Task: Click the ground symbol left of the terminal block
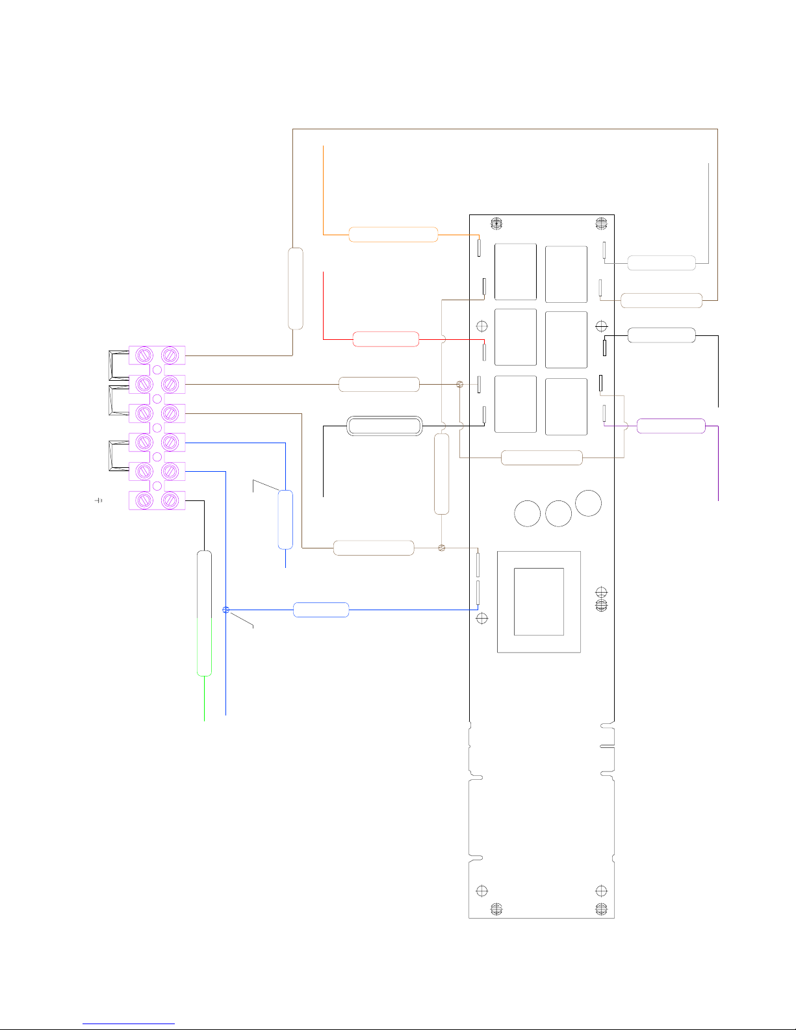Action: point(99,500)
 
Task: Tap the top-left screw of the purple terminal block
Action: point(144,355)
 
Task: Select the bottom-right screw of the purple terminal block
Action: point(170,500)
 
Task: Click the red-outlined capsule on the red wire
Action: point(385,339)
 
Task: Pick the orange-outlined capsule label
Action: point(393,235)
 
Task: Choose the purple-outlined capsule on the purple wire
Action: point(671,426)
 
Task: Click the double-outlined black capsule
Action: point(385,426)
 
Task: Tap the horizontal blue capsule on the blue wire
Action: point(321,610)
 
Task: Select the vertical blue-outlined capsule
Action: point(285,520)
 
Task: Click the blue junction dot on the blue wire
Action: point(225,610)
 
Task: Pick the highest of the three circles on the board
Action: point(588,502)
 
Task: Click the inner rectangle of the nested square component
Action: point(539,602)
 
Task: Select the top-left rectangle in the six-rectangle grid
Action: point(515,272)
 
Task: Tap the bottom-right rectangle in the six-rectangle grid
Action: point(566,407)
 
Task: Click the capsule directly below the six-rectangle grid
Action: point(541,457)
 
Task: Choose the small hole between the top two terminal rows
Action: point(157,369)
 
